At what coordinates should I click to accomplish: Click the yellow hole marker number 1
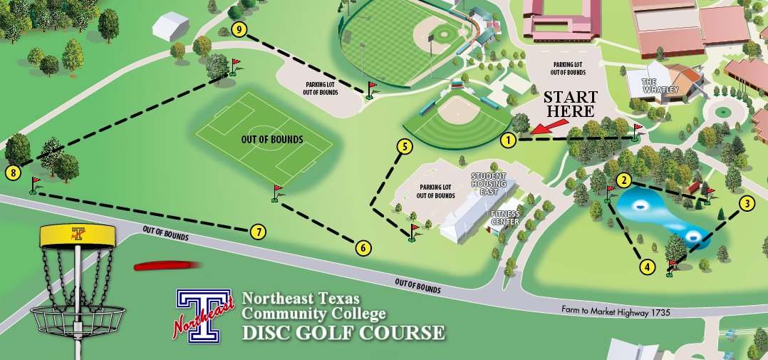(x=507, y=140)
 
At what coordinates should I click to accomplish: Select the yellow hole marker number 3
(x=746, y=203)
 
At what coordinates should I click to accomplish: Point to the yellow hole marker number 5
(x=404, y=148)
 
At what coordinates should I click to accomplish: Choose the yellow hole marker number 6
(x=363, y=248)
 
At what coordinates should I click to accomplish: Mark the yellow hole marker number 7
(x=258, y=232)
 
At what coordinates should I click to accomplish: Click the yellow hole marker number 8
(x=11, y=172)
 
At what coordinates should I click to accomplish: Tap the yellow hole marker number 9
(x=239, y=29)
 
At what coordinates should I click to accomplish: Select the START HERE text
(x=569, y=104)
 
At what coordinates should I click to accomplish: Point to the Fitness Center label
(x=504, y=217)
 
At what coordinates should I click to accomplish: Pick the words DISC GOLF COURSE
(x=343, y=332)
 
